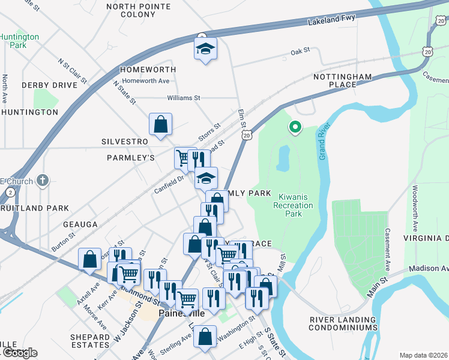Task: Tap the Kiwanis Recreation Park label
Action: pyautogui.click(x=293, y=205)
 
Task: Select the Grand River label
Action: pyautogui.click(x=322, y=145)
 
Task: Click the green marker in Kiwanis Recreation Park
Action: pyautogui.click(x=295, y=127)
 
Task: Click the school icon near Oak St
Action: pyautogui.click(x=205, y=49)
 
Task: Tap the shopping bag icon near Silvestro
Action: pyautogui.click(x=161, y=124)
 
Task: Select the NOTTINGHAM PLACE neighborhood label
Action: pyautogui.click(x=343, y=81)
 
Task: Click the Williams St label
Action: pyautogui.click(x=184, y=97)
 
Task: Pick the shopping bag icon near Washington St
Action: pyautogui.click(x=205, y=337)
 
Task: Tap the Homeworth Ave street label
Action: pyautogui.click(x=146, y=81)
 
